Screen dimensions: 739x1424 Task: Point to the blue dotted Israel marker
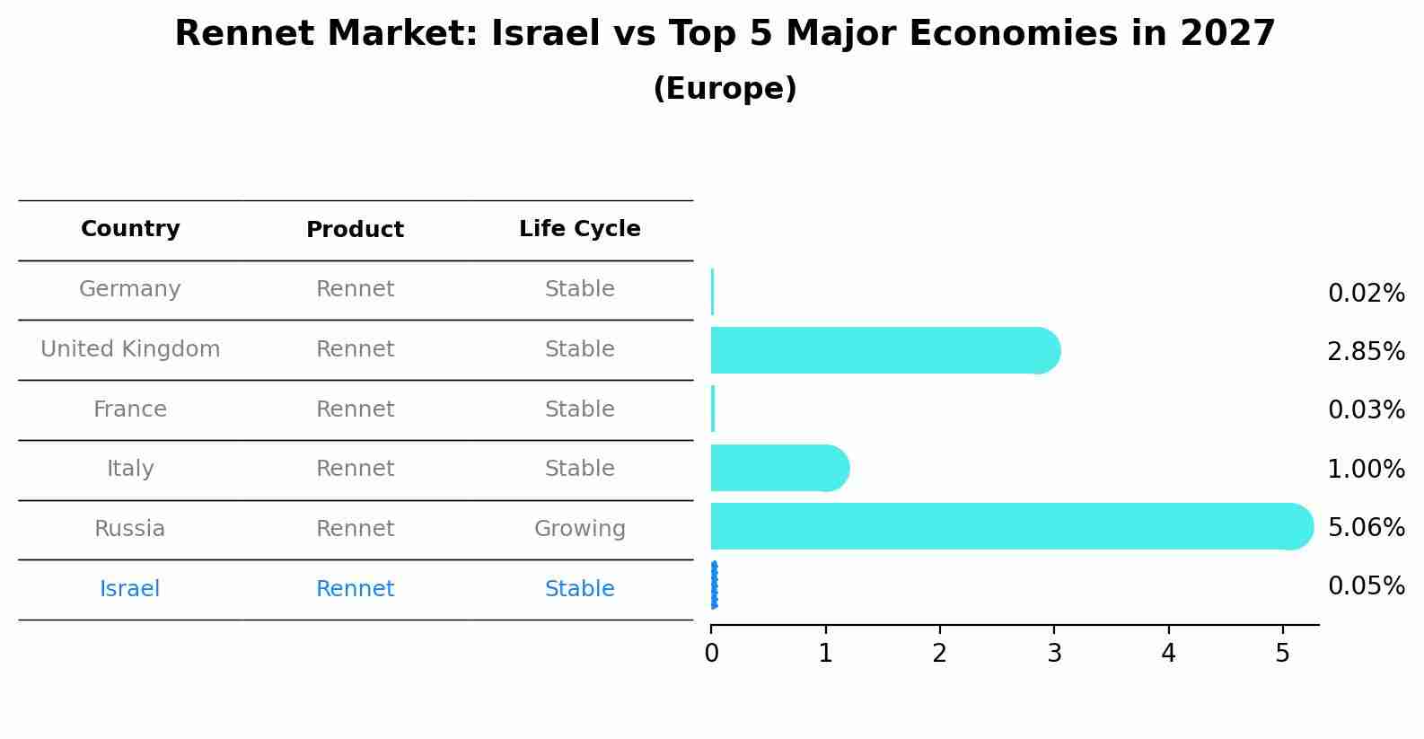click(x=714, y=585)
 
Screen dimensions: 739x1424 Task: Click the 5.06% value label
click(x=1366, y=527)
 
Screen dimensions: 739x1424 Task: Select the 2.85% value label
click(x=1366, y=351)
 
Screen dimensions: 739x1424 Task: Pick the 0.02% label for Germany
click(x=1366, y=293)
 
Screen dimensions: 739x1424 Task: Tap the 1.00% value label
click(x=1366, y=469)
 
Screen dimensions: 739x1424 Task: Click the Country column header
click(x=130, y=229)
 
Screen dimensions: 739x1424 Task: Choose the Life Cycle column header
click(x=579, y=229)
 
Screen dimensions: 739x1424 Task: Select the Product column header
click(x=355, y=230)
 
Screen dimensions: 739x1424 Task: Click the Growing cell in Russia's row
click(x=579, y=529)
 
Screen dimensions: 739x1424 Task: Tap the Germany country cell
click(x=130, y=289)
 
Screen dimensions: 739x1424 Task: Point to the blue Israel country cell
click(x=130, y=589)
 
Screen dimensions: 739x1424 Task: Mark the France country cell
click(x=130, y=409)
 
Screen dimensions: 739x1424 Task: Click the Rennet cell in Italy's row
click(x=355, y=469)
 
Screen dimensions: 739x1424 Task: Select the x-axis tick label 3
click(x=1054, y=654)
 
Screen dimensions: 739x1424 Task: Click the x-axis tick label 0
click(x=711, y=654)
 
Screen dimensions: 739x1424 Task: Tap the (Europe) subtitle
click(x=725, y=89)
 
